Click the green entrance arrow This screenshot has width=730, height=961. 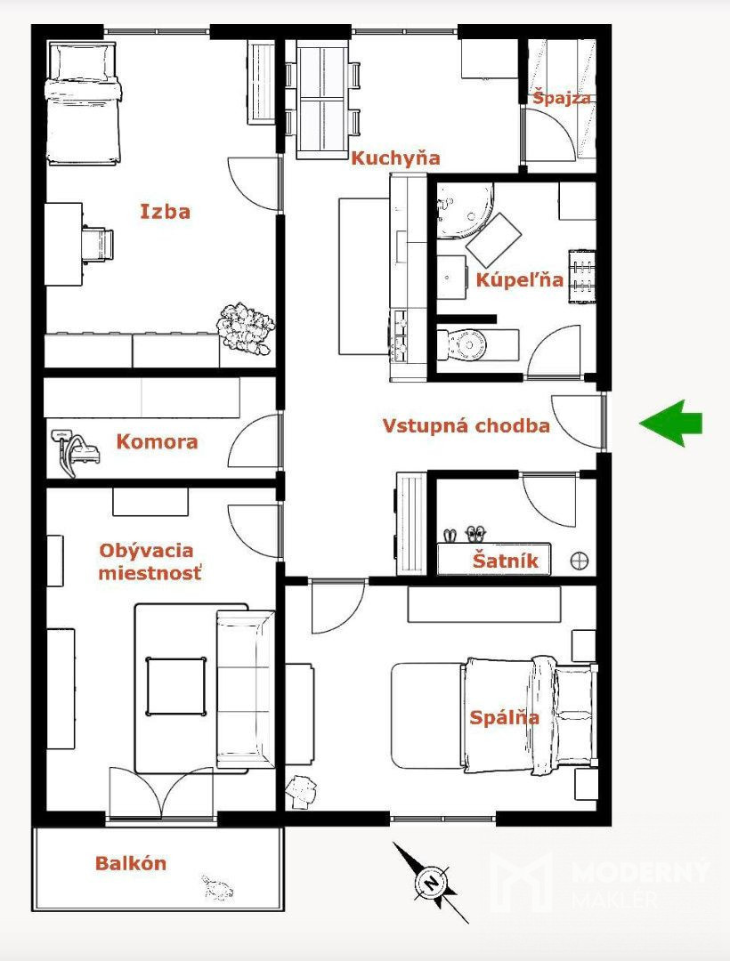tap(670, 423)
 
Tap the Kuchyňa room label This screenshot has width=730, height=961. tap(395, 158)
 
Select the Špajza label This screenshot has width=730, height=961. tap(562, 98)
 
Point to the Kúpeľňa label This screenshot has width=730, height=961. tap(520, 279)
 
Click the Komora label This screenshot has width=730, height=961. tap(157, 441)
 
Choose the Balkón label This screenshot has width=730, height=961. tap(131, 863)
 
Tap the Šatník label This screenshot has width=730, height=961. tap(505, 560)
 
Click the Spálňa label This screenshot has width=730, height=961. tap(504, 717)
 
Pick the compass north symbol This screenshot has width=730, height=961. tap(432, 883)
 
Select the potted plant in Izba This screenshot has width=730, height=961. tap(245, 327)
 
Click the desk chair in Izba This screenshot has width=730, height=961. tap(97, 243)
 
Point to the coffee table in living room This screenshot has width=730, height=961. tap(175, 686)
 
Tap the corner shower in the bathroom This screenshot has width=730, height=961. tap(464, 210)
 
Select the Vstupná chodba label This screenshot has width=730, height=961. tap(466, 425)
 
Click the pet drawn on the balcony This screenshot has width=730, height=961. tap(217, 887)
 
